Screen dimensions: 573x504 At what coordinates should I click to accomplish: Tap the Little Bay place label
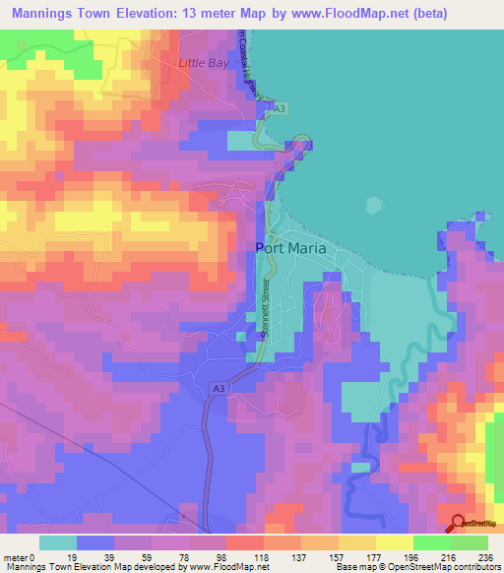click(x=201, y=63)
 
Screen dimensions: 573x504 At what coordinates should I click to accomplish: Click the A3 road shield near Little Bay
click(x=281, y=107)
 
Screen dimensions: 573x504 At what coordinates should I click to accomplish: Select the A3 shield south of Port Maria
click(x=218, y=390)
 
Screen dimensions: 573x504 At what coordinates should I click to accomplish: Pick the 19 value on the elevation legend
click(x=72, y=556)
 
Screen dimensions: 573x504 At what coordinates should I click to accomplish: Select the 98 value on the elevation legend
click(x=221, y=556)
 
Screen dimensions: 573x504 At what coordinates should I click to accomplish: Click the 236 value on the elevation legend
click(x=482, y=556)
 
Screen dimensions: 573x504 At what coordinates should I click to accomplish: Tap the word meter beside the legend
click(x=17, y=556)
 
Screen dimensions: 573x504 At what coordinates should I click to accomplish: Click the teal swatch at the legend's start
click(x=58, y=541)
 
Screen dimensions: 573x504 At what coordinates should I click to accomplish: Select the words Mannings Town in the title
click(x=59, y=14)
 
